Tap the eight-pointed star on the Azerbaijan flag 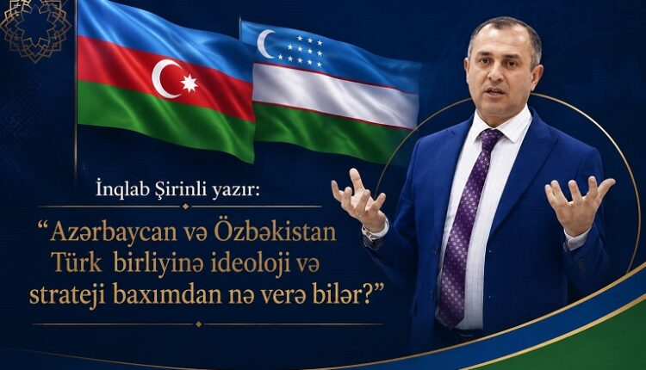[x=189, y=83]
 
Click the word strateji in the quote [x=67, y=296]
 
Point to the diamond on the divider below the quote [x=199, y=324]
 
